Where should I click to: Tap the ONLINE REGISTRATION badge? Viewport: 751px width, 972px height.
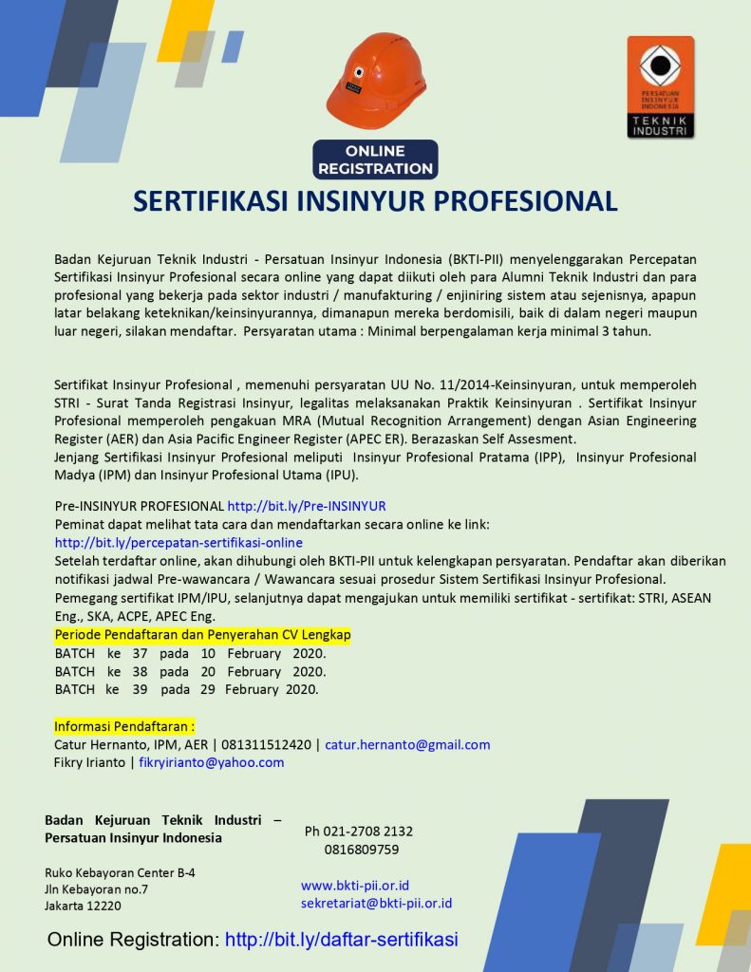click(x=375, y=159)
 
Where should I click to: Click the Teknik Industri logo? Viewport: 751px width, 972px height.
click(x=661, y=87)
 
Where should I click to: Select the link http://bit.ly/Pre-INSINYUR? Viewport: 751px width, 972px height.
click(x=307, y=506)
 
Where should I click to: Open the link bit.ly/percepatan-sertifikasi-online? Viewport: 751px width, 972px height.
click(x=178, y=542)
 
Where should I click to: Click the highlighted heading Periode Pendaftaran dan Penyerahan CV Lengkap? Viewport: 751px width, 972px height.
click(x=202, y=634)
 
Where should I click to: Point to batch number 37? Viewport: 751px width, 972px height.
click(x=141, y=653)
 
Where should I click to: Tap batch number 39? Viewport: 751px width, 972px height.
click(x=141, y=689)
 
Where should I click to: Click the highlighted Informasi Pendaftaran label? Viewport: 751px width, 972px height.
click(x=124, y=726)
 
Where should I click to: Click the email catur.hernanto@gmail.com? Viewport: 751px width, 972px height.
click(x=407, y=745)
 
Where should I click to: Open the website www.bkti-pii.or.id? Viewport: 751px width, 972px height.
click(x=355, y=886)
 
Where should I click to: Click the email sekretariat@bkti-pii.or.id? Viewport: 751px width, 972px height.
click(x=376, y=904)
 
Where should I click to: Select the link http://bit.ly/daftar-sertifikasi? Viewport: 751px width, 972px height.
click(x=342, y=940)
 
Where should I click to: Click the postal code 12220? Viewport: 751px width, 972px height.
click(x=102, y=907)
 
